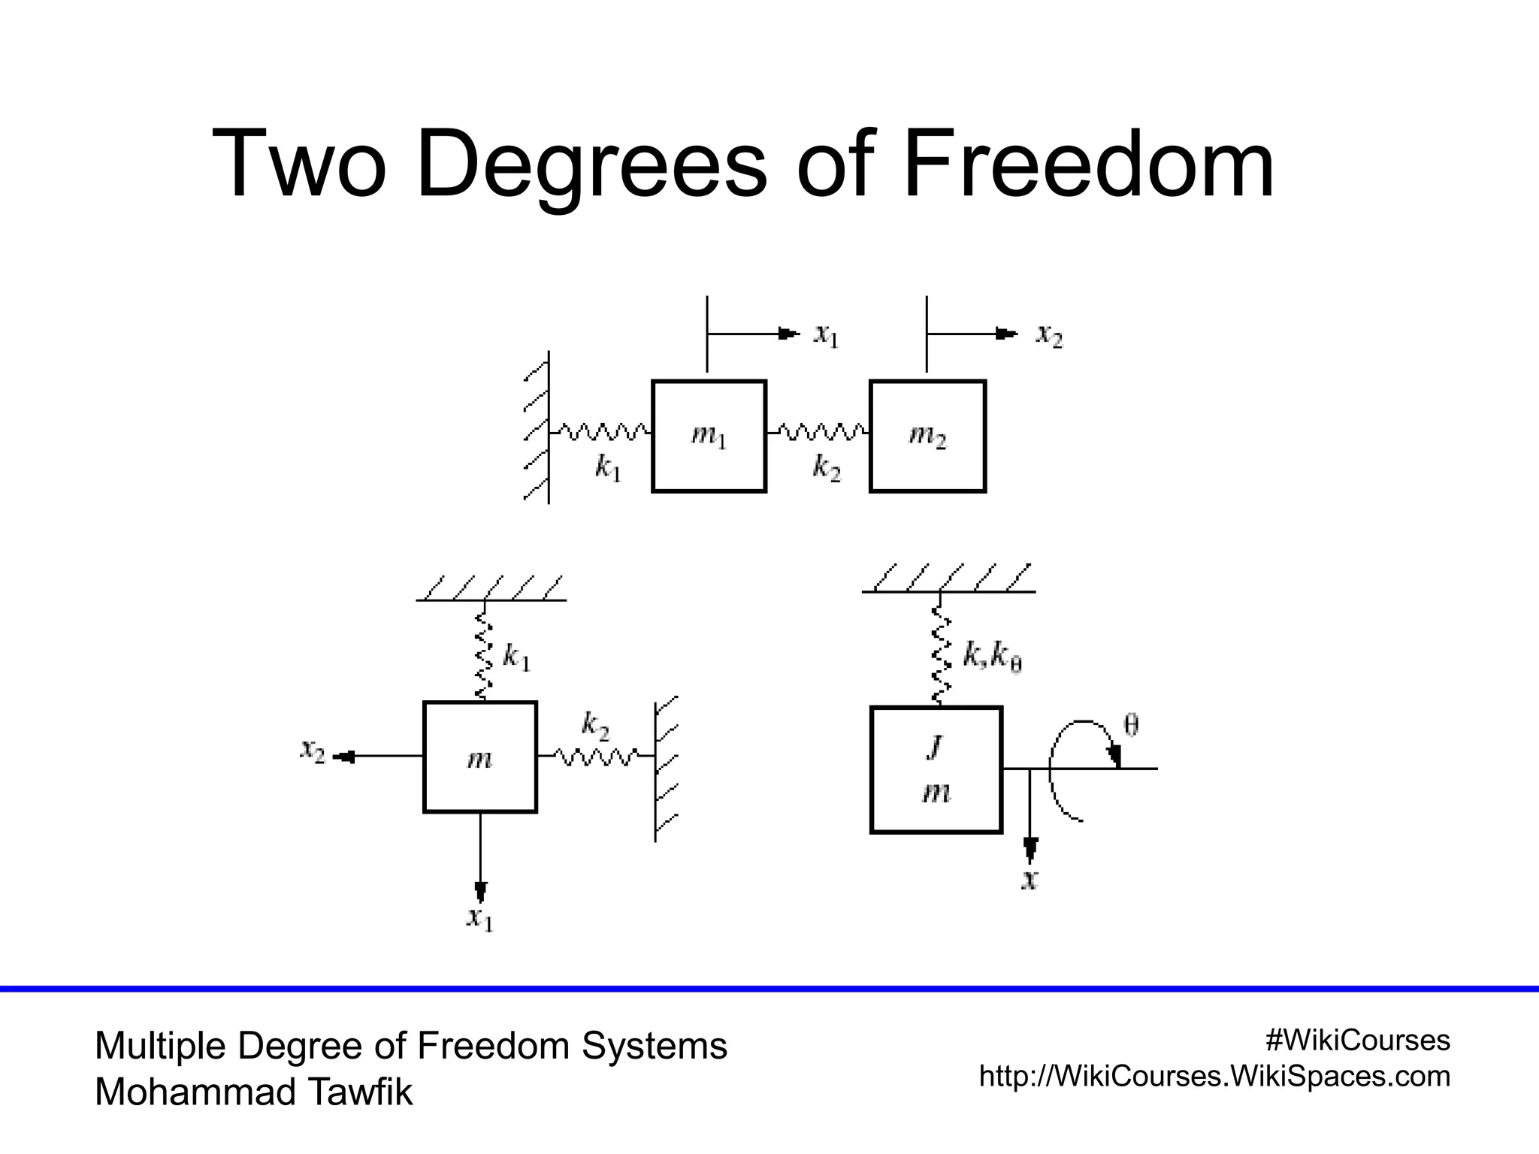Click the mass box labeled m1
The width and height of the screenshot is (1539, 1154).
click(709, 436)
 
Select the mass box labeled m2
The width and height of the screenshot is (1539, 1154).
click(927, 436)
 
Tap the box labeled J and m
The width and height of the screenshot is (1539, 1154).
click(936, 769)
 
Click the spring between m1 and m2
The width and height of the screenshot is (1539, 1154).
click(818, 432)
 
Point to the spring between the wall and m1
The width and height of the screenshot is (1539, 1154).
click(600, 432)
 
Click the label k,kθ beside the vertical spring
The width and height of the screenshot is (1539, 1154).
click(992, 657)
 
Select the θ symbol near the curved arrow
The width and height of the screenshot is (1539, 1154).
click(1130, 725)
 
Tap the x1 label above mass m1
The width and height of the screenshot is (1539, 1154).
click(825, 335)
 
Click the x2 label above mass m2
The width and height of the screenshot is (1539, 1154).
click(1049, 335)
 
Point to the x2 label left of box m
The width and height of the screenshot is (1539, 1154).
click(312, 751)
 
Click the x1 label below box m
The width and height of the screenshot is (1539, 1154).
click(479, 918)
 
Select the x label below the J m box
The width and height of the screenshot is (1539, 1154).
click(1030, 880)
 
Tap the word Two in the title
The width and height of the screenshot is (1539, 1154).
click(299, 164)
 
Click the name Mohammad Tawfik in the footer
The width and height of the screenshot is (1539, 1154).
click(253, 1092)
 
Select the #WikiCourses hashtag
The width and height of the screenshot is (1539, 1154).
click(1357, 1041)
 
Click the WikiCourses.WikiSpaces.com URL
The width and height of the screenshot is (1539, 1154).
click(1214, 1077)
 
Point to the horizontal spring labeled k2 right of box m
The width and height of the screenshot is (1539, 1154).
click(596, 755)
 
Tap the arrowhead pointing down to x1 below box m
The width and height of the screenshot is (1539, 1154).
click(480, 892)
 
